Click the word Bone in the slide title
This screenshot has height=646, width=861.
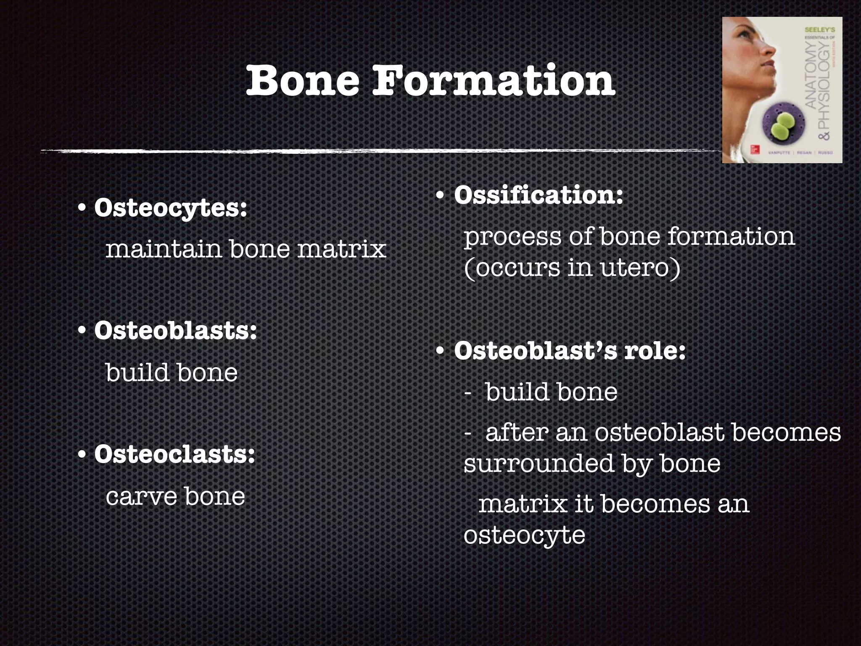tap(303, 81)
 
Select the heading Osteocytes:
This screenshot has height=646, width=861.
tap(170, 208)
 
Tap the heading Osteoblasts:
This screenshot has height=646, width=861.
tap(175, 331)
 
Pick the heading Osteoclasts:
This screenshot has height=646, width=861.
tap(174, 454)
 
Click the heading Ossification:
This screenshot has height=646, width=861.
tap(538, 196)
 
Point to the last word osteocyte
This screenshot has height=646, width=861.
tap(524, 536)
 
